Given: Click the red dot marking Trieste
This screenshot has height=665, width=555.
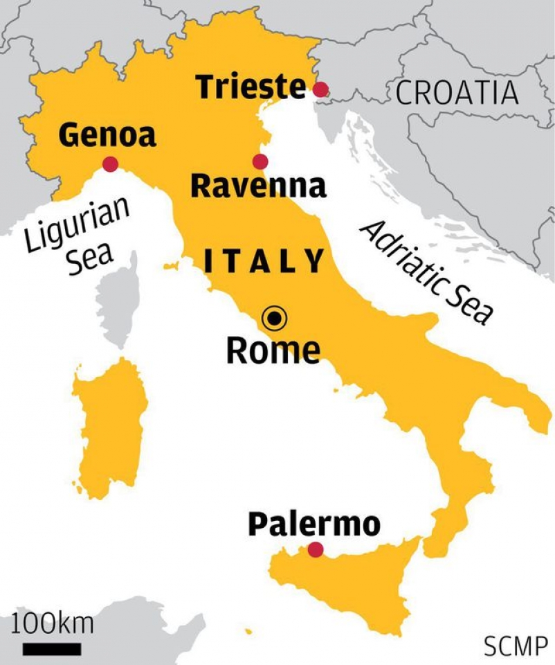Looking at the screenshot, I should pyautogui.click(x=320, y=89).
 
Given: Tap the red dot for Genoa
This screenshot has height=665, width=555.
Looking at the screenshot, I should pyautogui.click(x=110, y=164).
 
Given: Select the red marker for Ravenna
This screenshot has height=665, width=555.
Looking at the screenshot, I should pyautogui.click(x=260, y=161).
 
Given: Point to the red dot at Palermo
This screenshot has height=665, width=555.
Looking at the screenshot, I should pyautogui.click(x=316, y=549).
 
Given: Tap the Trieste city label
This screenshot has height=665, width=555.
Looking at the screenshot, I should pyautogui.click(x=251, y=87).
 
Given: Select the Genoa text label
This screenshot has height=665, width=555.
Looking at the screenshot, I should pyautogui.click(x=107, y=135).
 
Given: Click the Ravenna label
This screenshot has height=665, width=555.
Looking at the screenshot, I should pyautogui.click(x=258, y=186).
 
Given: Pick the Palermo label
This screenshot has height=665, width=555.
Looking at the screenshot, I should pyautogui.click(x=314, y=524).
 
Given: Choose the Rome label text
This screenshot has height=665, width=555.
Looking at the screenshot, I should pyautogui.click(x=273, y=350).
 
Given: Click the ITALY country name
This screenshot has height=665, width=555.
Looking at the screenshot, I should pyautogui.click(x=264, y=261).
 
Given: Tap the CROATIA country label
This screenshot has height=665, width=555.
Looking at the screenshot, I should pyautogui.click(x=457, y=93).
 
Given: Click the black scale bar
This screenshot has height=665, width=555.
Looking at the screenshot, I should pyautogui.click(x=52, y=649).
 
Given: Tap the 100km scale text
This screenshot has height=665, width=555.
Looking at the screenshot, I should pyautogui.click(x=52, y=624).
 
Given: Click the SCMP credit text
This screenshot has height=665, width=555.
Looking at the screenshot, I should pyautogui.click(x=515, y=647).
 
